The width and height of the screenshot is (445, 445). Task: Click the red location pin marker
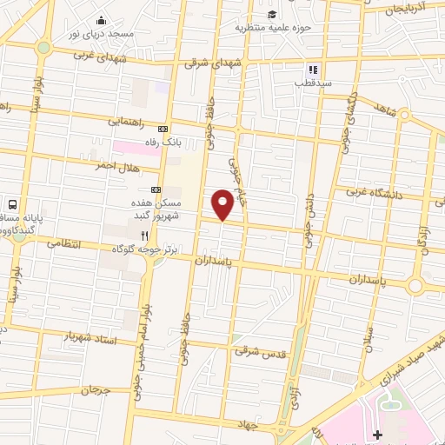click(x=223, y=205)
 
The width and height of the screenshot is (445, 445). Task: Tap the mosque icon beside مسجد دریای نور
click(x=102, y=21)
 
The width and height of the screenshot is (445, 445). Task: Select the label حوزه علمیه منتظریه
click(x=271, y=27)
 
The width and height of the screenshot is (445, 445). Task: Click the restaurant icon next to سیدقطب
click(x=310, y=70)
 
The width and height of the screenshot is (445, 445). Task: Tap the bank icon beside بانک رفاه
click(x=161, y=130)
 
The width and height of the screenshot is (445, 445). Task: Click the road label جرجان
click(x=96, y=390)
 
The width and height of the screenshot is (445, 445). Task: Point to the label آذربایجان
click(x=407, y=9)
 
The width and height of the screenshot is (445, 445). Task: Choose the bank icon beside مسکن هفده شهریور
click(x=156, y=189)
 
